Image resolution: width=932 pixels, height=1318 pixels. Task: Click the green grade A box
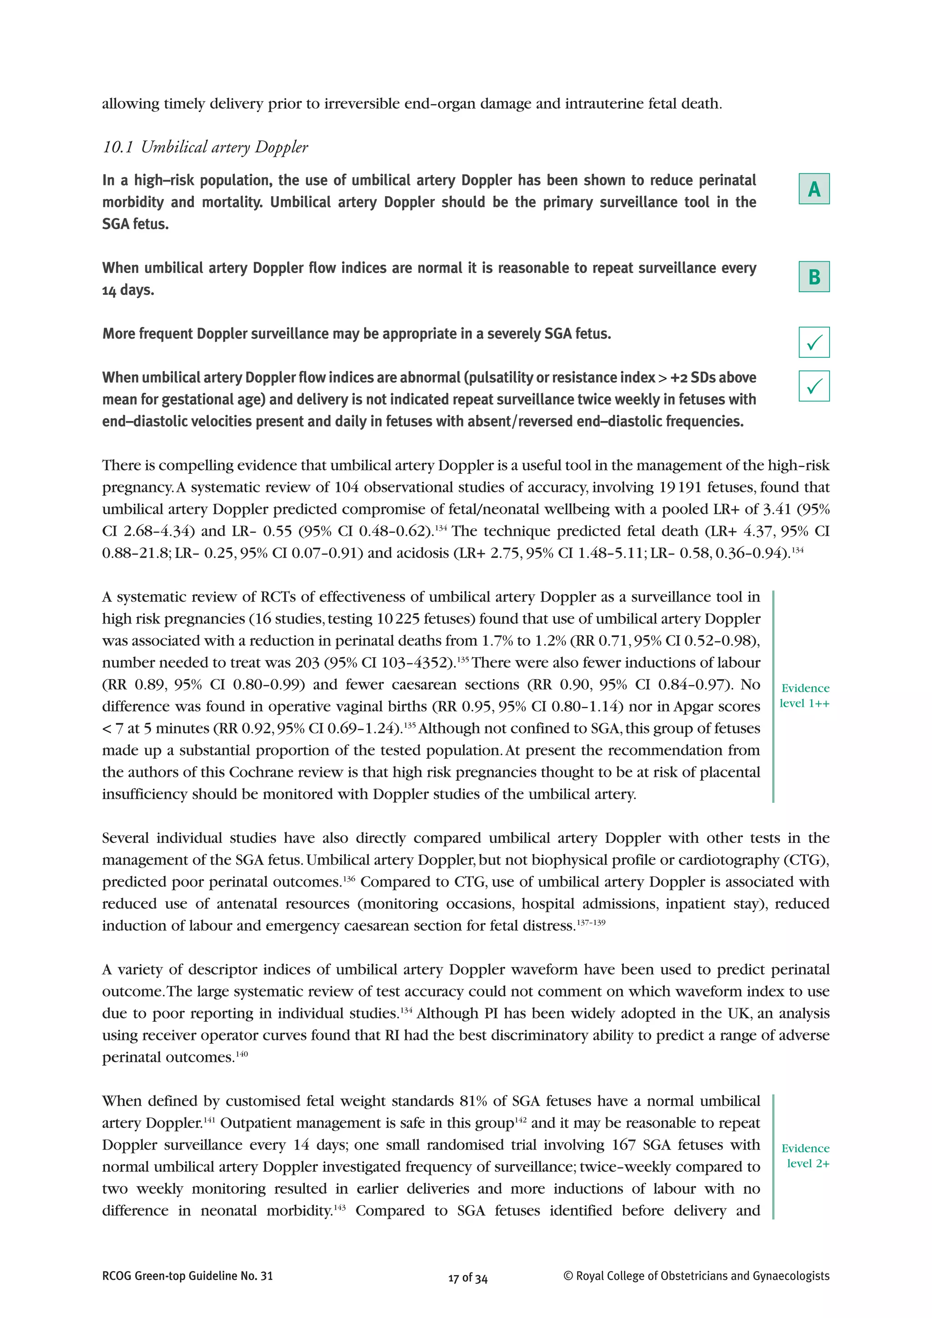814,189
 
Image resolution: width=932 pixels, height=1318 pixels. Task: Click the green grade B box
814,277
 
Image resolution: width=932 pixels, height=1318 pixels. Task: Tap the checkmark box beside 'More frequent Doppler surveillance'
814,342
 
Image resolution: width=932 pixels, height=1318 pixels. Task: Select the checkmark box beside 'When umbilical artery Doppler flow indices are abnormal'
814,386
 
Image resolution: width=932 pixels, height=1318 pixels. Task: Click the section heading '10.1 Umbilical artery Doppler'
205,147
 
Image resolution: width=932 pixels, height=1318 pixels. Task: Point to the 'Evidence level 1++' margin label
805,696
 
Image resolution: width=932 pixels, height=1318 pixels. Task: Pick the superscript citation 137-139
591,923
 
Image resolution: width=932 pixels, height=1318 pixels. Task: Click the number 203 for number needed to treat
307,663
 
